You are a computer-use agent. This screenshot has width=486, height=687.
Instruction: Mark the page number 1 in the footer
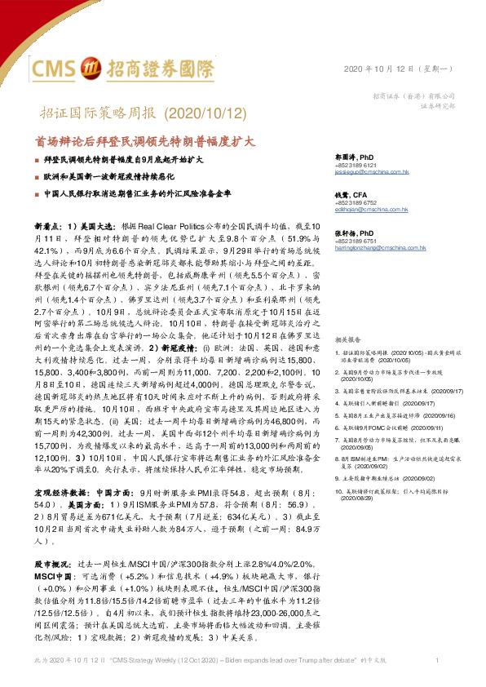click(x=438, y=659)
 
